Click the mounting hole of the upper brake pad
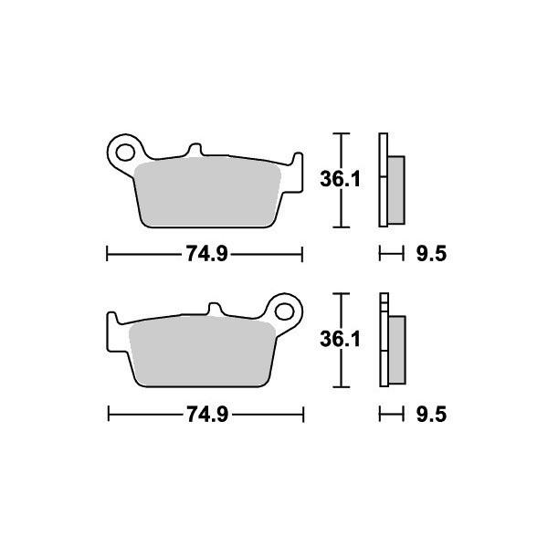[123, 149]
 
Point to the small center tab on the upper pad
[194, 150]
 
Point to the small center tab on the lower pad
[217, 311]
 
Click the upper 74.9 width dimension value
[206, 255]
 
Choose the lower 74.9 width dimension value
[206, 416]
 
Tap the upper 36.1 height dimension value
[340, 180]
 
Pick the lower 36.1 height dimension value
[340, 340]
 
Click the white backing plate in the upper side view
[384, 180]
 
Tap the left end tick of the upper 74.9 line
[108, 255]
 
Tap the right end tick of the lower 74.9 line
[303, 416]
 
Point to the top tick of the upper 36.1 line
[340, 134]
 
